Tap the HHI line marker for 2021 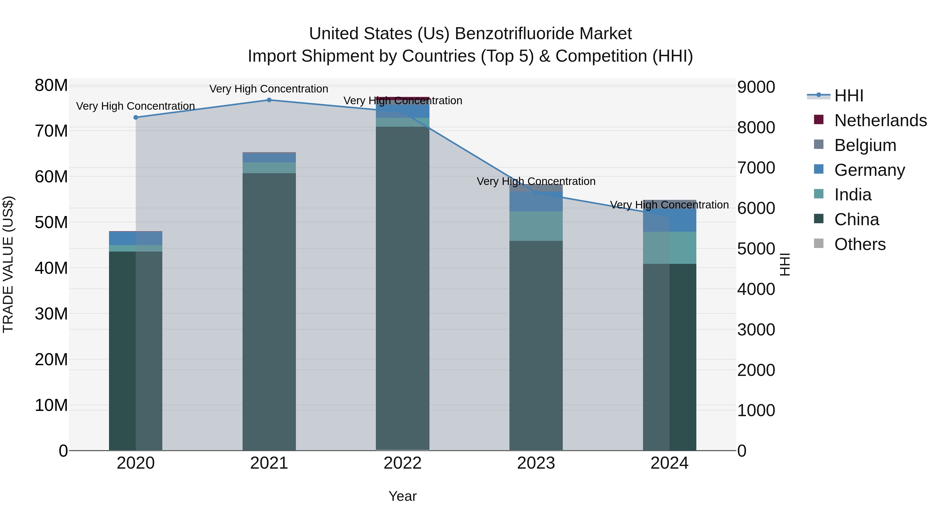tap(269, 100)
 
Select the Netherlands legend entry tap(880, 120)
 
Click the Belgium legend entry tap(865, 145)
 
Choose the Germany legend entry tap(869, 170)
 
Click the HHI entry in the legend tap(848, 96)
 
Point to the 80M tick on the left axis tap(51, 85)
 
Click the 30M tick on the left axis tap(51, 313)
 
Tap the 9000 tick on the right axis tap(756, 87)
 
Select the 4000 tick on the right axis tap(756, 289)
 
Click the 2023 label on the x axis tap(536, 463)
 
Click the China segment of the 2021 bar tap(269, 310)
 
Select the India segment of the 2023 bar tap(536, 226)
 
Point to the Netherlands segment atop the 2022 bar tap(403, 98)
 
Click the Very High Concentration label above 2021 tap(269, 89)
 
